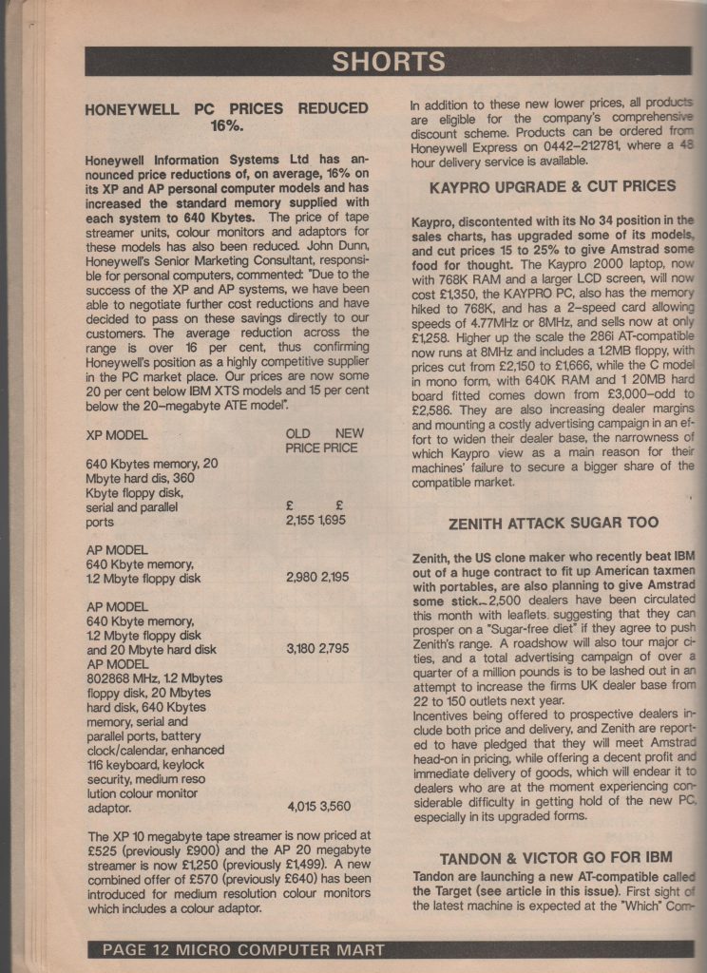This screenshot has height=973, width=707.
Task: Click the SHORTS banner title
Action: (389, 62)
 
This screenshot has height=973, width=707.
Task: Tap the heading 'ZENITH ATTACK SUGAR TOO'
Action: (553, 523)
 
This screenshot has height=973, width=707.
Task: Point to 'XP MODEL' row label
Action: (120, 433)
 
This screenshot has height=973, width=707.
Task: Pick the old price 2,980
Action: (301, 577)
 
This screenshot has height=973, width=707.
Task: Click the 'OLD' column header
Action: (298, 433)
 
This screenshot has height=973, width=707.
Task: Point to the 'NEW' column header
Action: (350, 433)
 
